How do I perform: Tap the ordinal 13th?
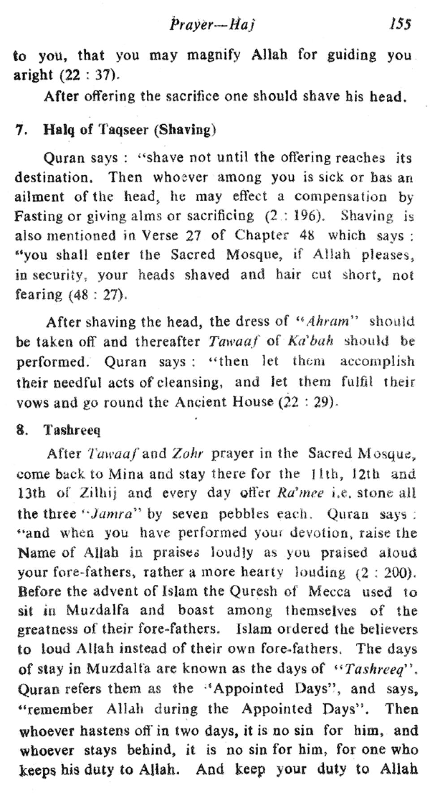coord(32,493)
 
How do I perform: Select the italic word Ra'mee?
coord(292,493)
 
